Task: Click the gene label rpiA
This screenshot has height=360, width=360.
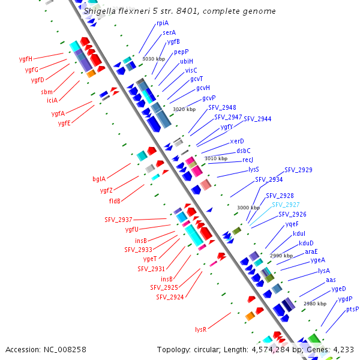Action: pyautogui.click(x=163, y=23)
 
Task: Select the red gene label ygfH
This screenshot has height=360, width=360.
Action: pyautogui.click(x=26, y=59)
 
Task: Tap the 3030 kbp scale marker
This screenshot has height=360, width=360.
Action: pyautogui.click(x=154, y=59)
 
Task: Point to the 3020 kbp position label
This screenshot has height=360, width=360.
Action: pyautogui.click(x=184, y=109)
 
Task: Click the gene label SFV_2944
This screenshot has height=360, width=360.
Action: pyautogui.click(x=257, y=119)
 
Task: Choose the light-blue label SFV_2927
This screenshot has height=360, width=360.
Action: pyautogui.click(x=286, y=205)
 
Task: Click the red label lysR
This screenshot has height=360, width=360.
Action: pyautogui.click(x=200, y=329)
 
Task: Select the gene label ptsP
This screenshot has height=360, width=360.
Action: pyautogui.click(x=352, y=309)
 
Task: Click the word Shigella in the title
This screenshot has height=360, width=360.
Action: pyautogui.click(x=100, y=11)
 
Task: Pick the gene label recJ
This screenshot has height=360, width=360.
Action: pyautogui.click(x=248, y=160)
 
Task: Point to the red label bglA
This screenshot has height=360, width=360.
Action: pyautogui.click(x=99, y=179)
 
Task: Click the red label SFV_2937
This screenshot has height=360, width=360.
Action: pyautogui.click(x=118, y=220)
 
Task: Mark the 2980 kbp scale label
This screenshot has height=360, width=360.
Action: pyautogui.click(x=315, y=304)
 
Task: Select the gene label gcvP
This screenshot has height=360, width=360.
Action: pyautogui.click(x=209, y=98)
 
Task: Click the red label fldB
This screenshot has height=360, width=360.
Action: pyautogui.click(x=115, y=201)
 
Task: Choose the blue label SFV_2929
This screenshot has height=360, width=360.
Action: pyautogui.click(x=298, y=170)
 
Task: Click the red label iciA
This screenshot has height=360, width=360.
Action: pyautogui.click(x=52, y=100)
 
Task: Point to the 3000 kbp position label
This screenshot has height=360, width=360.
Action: pyautogui.click(x=248, y=208)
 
